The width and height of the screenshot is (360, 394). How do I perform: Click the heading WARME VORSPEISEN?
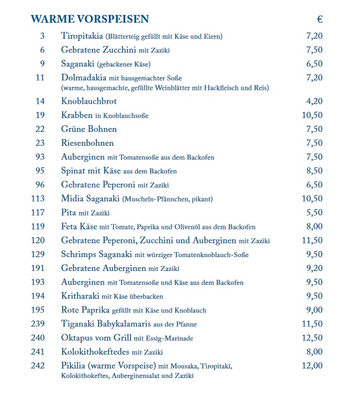click(x=90, y=19)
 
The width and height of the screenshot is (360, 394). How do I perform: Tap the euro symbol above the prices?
click(x=320, y=19)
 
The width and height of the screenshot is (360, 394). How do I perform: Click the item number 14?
click(x=40, y=101)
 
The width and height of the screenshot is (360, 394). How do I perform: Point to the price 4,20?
click(x=314, y=101)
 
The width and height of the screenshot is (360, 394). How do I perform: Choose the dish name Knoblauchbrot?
click(x=89, y=101)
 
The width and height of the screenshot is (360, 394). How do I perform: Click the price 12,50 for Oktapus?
click(x=312, y=337)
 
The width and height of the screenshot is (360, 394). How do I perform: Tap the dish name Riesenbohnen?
click(x=88, y=143)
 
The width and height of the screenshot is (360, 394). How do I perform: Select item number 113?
click(x=38, y=198)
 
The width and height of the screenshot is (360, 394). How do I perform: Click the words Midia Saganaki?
click(x=90, y=198)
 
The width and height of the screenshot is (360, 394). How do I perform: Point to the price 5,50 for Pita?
click(x=314, y=212)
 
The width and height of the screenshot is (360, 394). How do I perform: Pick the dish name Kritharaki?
click(x=80, y=296)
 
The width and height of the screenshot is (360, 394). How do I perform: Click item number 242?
click(x=38, y=366)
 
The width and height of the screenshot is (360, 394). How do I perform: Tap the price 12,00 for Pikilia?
click(x=312, y=366)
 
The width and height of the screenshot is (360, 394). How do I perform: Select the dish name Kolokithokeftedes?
click(x=95, y=351)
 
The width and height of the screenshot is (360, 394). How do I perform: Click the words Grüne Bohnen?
click(x=89, y=129)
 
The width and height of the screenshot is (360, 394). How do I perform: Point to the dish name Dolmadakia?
click(x=84, y=78)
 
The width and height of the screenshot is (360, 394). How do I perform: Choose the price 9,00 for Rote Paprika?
click(x=314, y=310)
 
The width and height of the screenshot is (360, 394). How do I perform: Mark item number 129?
click(x=38, y=254)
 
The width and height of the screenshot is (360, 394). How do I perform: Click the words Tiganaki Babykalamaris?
click(x=106, y=324)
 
